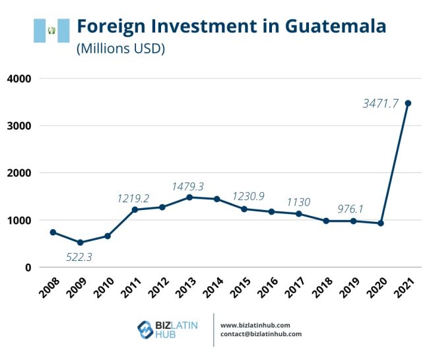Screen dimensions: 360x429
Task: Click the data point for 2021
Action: (x=409, y=103)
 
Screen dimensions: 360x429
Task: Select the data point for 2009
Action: (x=79, y=242)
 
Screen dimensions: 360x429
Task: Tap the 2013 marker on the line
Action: (x=189, y=197)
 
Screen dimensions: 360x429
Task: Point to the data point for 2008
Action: (x=52, y=232)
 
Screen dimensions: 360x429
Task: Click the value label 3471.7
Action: (x=380, y=103)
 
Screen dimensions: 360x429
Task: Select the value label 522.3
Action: (x=79, y=257)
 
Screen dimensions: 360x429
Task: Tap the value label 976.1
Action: (x=350, y=209)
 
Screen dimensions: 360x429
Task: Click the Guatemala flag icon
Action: (x=51, y=30)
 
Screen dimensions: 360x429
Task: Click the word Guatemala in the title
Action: (x=335, y=26)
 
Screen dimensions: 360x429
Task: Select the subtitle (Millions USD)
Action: (x=121, y=48)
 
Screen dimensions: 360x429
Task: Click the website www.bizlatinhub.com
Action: (x=255, y=325)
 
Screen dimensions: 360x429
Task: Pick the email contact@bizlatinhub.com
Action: (x=261, y=334)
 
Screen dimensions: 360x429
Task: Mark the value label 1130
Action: (x=298, y=202)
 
